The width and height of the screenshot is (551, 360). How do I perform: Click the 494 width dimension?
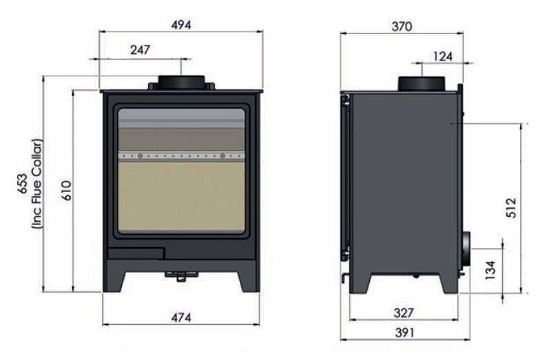coord(180,25)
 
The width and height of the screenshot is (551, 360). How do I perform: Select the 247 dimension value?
coord(139,50)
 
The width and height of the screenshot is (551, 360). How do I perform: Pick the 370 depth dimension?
coord(401,27)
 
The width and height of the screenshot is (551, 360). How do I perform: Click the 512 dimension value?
coord(510,207)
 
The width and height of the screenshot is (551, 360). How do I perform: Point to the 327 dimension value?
coord(404,313)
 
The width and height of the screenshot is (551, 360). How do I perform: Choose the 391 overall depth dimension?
coord(404,332)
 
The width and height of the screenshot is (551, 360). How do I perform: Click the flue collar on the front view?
coord(181,82)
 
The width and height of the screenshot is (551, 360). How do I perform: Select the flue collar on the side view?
coord(421,83)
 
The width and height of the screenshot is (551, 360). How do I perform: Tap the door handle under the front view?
coord(180,276)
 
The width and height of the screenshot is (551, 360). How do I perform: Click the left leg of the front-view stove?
coord(114,280)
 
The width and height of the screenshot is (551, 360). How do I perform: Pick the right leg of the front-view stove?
coord(249,280)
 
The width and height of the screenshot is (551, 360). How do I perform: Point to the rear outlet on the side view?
coord(466,248)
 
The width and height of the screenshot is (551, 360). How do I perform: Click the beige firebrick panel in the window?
coord(180,196)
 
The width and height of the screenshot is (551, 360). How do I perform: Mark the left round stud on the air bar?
coord(140,156)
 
